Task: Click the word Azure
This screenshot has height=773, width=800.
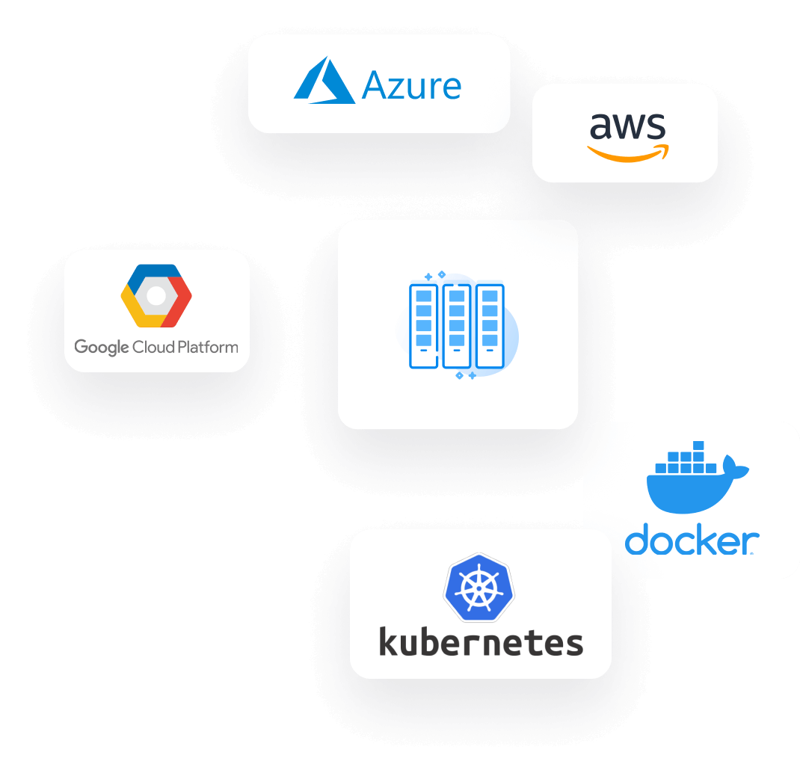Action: [x=411, y=86]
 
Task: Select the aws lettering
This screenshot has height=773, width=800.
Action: [x=627, y=126]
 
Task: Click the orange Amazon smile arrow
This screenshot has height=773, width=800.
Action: [x=628, y=153]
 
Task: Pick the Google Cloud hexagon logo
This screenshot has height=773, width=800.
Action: [x=156, y=295]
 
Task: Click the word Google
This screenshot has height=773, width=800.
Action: [x=102, y=348]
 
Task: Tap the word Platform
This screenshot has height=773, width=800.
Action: [x=208, y=347]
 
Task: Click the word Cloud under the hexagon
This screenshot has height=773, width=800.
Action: [x=153, y=347]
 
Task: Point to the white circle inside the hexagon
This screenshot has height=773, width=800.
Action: [x=156, y=295]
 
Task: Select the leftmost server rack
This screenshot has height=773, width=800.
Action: [x=423, y=326]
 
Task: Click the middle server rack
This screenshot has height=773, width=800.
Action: [x=457, y=326]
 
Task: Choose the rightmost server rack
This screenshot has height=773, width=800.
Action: [x=490, y=326]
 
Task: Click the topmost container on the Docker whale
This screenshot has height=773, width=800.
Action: [x=698, y=446]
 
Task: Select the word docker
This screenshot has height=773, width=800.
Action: [x=692, y=539]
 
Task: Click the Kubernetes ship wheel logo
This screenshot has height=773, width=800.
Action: [x=479, y=588]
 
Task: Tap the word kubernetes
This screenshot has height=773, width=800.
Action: [x=481, y=642]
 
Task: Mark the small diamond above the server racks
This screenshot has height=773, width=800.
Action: [x=442, y=274]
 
